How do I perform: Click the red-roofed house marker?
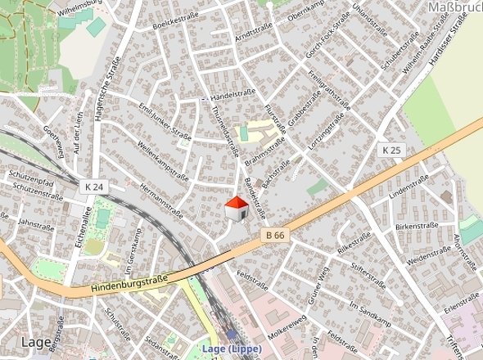237,209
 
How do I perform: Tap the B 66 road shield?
274,235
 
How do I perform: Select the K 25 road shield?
392,151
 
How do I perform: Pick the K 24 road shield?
95,187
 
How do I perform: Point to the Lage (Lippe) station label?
232,349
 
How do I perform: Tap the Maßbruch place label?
454,8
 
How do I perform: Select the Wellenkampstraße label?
164,161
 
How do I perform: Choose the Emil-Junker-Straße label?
165,122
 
